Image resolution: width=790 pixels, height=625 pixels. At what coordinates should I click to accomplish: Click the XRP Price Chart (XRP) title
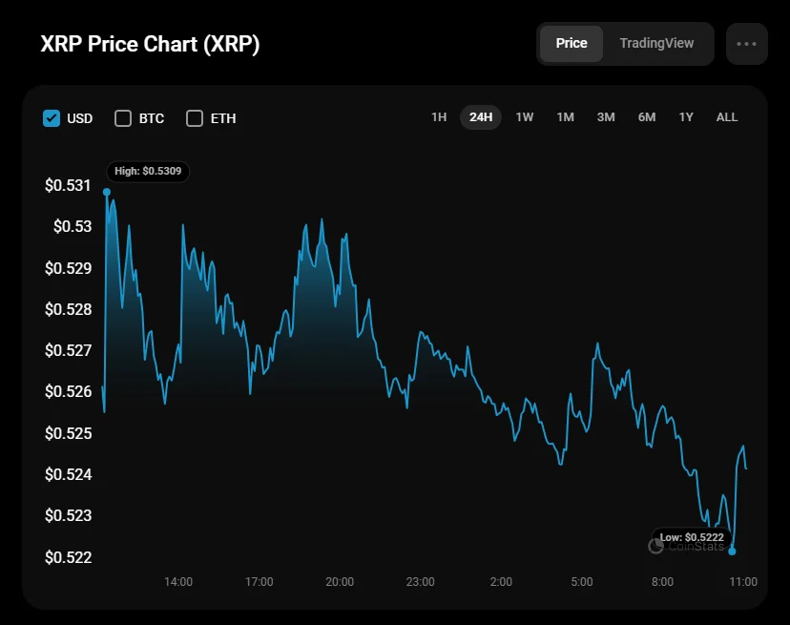click(x=150, y=45)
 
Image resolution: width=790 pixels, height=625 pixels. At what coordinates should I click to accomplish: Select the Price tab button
click(x=572, y=44)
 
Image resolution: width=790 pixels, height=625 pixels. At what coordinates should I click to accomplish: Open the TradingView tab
click(x=656, y=44)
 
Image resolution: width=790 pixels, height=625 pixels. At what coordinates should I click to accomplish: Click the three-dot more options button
click(x=746, y=44)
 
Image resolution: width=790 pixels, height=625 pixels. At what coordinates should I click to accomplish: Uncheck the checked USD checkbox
click(x=52, y=118)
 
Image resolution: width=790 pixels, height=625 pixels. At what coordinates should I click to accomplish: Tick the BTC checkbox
click(x=123, y=118)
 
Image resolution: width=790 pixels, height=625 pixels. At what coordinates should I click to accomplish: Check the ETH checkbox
click(x=195, y=118)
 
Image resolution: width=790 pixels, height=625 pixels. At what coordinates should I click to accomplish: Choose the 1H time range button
click(x=439, y=117)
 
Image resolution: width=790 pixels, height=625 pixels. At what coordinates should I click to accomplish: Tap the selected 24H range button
click(x=481, y=117)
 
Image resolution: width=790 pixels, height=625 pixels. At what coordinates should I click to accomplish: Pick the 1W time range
click(x=524, y=117)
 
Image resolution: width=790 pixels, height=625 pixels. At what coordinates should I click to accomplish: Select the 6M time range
click(x=647, y=117)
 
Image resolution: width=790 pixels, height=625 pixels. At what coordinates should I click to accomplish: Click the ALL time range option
click(x=727, y=117)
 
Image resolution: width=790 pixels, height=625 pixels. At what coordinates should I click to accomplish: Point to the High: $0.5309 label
click(x=148, y=172)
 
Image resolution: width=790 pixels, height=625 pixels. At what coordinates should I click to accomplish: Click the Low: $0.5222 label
click(x=692, y=537)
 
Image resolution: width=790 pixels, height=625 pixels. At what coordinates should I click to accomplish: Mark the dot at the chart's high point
click(x=106, y=192)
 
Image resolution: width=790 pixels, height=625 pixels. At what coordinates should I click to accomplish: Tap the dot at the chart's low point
click(x=732, y=552)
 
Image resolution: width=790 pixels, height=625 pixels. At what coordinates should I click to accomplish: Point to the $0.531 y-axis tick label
click(x=68, y=185)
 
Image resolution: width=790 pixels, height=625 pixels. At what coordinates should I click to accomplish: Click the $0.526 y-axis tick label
click(x=68, y=391)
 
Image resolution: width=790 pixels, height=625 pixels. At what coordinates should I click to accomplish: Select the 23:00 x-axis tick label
click(x=420, y=582)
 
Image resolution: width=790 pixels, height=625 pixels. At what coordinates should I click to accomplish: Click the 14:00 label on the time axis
click(x=178, y=582)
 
